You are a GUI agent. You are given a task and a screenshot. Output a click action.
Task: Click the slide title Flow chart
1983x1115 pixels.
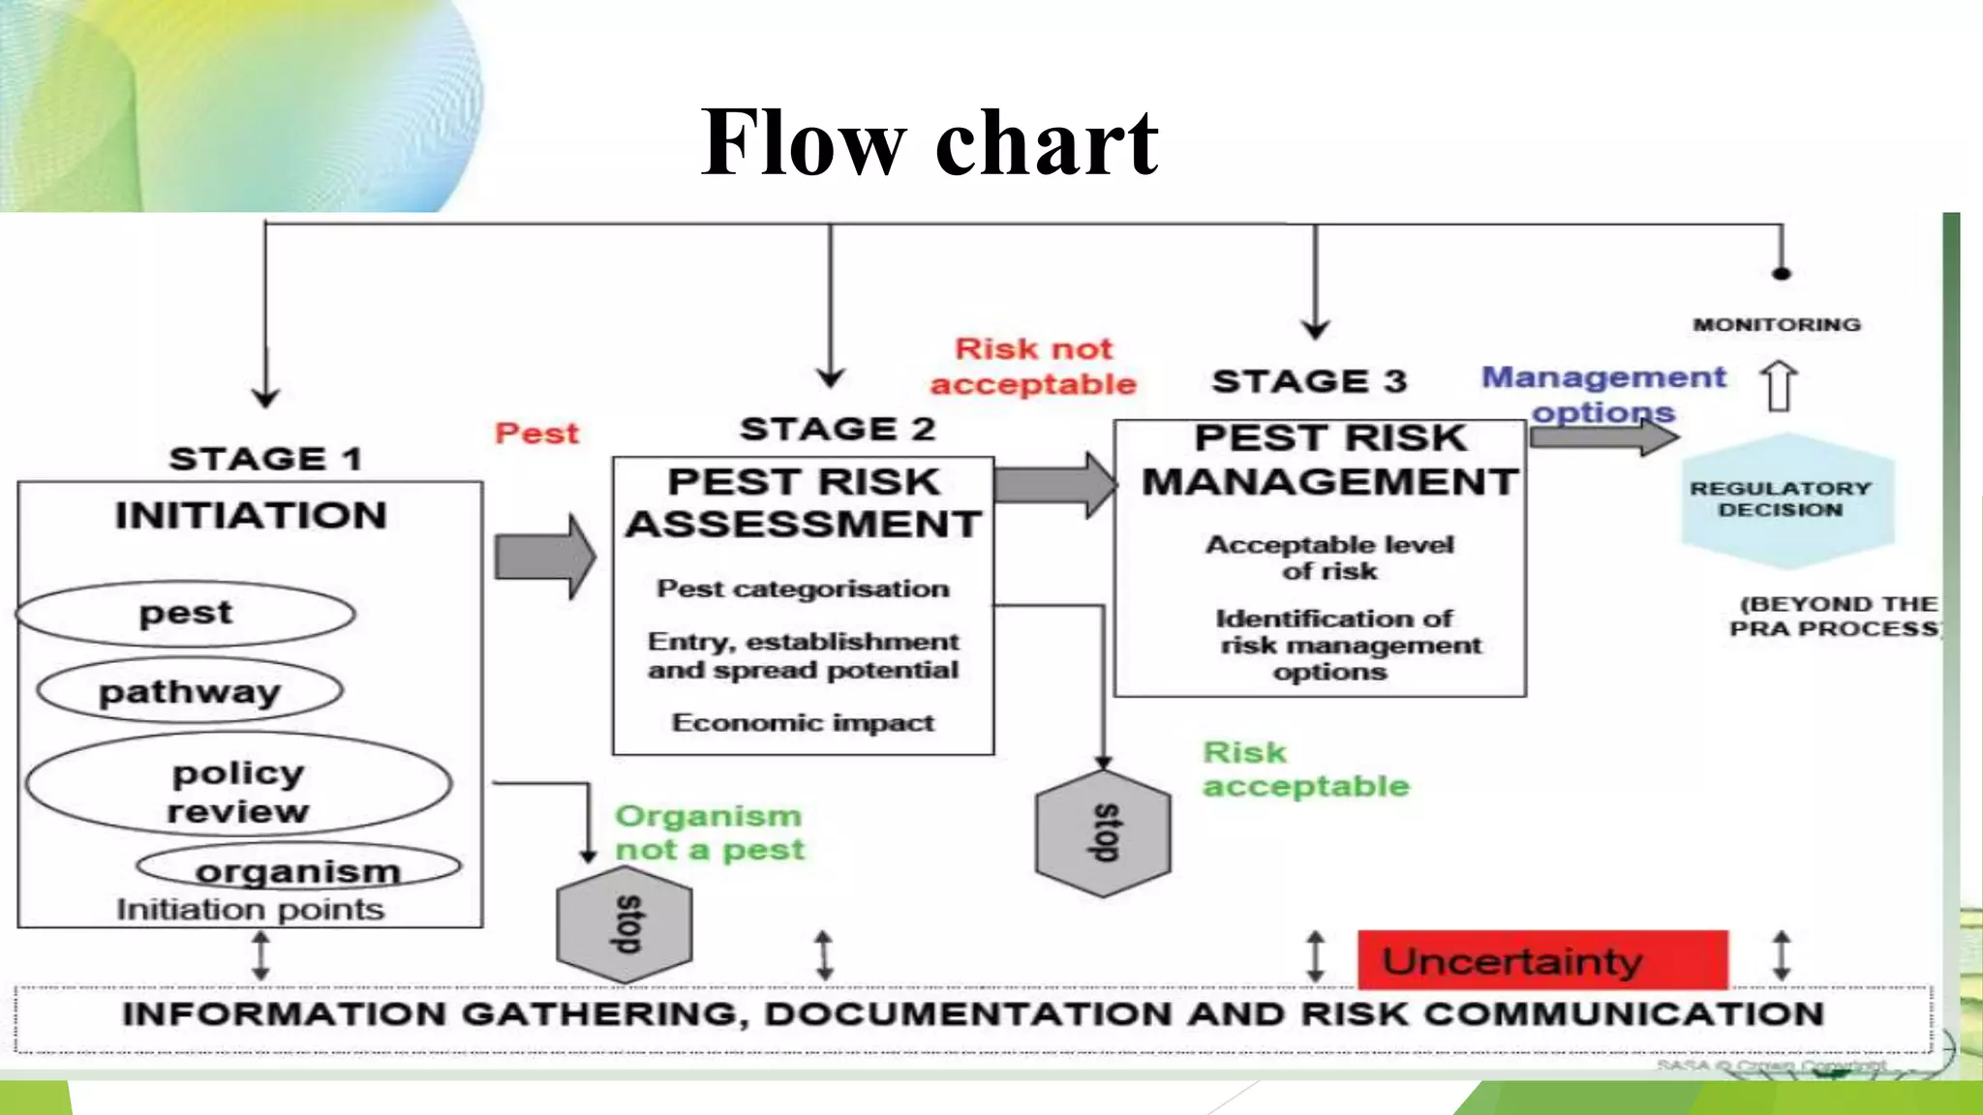pyautogui.click(x=930, y=143)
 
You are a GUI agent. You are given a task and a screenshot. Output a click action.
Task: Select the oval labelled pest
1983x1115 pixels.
pyautogui.click(x=186, y=614)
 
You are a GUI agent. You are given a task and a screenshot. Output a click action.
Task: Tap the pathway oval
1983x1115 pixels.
pyautogui.click(x=190, y=692)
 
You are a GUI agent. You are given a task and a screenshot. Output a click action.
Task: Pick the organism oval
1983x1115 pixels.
pyautogui.click(x=298, y=868)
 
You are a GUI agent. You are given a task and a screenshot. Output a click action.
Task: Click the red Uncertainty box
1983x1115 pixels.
pyautogui.click(x=1541, y=960)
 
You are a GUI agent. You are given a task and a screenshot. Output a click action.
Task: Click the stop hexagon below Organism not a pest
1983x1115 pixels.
pyautogui.click(x=625, y=923)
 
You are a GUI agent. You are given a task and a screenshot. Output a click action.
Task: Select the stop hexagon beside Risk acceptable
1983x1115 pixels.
pyautogui.click(x=1103, y=833)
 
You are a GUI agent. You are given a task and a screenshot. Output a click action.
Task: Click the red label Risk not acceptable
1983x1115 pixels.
pyautogui.click(x=1033, y=367)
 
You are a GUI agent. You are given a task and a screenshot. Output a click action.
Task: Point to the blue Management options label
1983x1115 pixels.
pyautogui.click(x=1603, y=393)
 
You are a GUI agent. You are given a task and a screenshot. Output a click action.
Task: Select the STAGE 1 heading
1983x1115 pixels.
pyautogui.click(x=265, y=459)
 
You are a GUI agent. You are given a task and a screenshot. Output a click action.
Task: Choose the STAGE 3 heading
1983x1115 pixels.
pyautogui.click(x=1309, y=381)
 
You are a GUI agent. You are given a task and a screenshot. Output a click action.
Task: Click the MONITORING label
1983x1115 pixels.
pyautogui.click(x=1777, y=325)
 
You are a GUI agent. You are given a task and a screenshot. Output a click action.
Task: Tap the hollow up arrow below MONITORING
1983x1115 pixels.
pyautogui.click(x=1779, y=386)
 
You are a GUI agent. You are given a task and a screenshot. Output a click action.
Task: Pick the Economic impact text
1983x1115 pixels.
pyautogui.click(x=803, y=723)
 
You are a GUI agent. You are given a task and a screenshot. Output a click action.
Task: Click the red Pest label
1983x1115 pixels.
pyautogui.click(x=536, y=433)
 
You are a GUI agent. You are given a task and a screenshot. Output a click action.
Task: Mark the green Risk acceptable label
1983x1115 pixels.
pyautogui.click(x=1304, y=769)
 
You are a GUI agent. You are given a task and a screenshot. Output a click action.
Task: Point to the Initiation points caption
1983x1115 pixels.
pyautogui.click(x=250, y=910)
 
